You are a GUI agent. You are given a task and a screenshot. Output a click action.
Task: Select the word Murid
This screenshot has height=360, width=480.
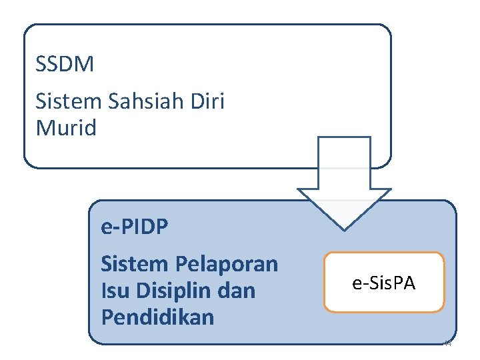(66, 127)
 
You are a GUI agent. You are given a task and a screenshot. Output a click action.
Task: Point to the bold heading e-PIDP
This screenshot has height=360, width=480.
(134, 227)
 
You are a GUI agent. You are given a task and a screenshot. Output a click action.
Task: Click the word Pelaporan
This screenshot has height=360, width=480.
(227, 265)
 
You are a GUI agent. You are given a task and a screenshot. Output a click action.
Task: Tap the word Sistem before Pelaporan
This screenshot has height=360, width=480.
(135, 265)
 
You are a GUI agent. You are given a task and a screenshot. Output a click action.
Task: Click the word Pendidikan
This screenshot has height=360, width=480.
(157, 317)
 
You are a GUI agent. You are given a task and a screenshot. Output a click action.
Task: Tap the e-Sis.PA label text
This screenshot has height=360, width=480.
(384, 283)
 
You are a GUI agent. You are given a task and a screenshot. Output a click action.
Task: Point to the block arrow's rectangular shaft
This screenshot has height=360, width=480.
(344, 163)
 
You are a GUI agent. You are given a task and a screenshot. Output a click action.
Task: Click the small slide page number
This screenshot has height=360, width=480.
(447, 344)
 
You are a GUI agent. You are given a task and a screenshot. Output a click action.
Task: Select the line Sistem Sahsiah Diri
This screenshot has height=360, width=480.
(130, 102)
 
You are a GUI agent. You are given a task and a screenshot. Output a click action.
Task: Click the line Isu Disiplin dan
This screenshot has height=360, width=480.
(178, 291)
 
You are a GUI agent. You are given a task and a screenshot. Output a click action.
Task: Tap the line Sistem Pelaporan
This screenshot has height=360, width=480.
(189, 265)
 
